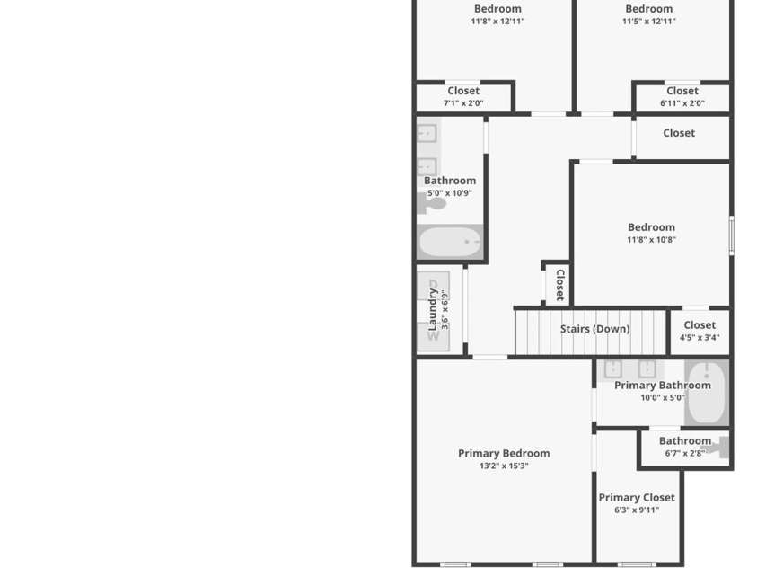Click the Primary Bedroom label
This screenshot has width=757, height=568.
(x=503, y=453)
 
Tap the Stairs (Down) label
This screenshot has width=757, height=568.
(x=594, y=329)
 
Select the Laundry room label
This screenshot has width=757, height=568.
(x=433, y=309)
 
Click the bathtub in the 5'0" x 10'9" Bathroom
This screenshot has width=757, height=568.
(x=450, y=242)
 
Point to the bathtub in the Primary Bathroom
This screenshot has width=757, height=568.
(x=706, y=394)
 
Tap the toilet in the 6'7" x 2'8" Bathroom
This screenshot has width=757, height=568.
(x=720, y=447)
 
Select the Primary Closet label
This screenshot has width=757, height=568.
(x=637, y=497)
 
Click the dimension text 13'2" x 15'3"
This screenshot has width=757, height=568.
(x=503, y=466)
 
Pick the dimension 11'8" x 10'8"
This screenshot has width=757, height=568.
(x=651, y=240)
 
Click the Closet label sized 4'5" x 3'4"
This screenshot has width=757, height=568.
(x=700, y=325)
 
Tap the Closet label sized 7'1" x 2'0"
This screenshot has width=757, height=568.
(x=463, y=91)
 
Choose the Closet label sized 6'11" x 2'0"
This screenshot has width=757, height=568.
(x=682, y=91)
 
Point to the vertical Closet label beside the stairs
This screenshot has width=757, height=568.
(x=559, y=284)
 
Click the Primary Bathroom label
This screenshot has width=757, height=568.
(x=662, y=385)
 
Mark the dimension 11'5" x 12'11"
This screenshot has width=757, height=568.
(x=648, y=22)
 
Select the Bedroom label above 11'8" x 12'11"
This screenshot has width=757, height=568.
(x=497, y=9)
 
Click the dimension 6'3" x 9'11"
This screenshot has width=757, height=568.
(x=637, y=510)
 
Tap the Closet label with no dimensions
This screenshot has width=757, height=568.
(x=679, y=133)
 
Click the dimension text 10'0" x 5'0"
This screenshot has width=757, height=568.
(x=662, y=398)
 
